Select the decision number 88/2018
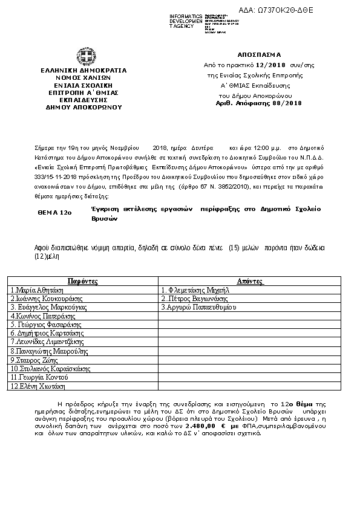click(x=270, y=103)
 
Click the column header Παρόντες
click(x=83, y=282)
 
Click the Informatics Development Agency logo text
click(x=186, y=21)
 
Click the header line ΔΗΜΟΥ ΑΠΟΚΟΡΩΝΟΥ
click(x=83, y=106)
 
